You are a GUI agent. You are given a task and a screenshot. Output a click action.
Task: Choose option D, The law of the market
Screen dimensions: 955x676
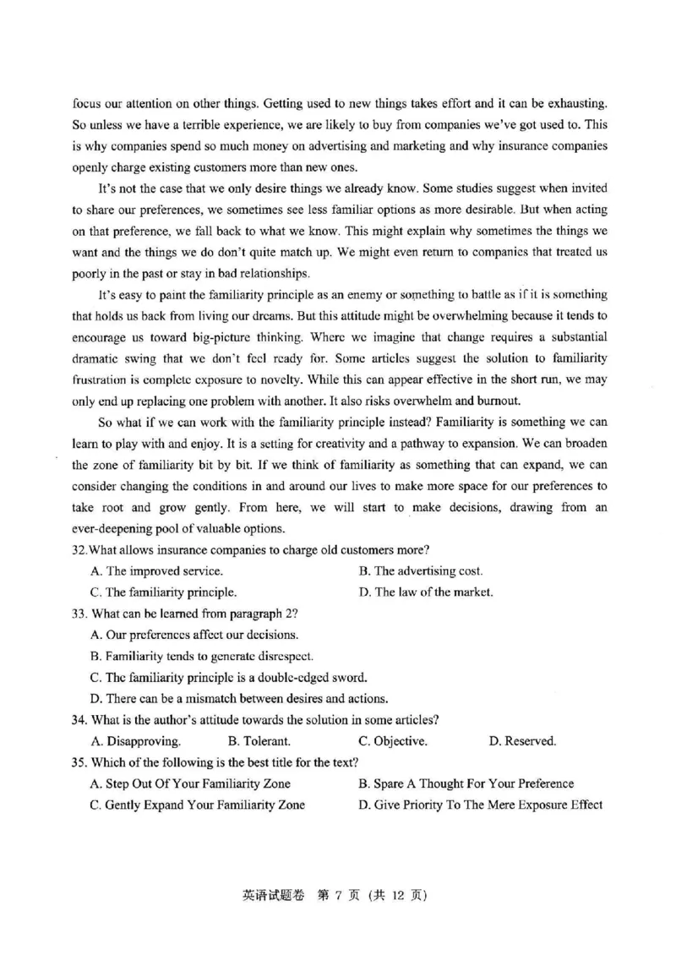[x=425, y=592]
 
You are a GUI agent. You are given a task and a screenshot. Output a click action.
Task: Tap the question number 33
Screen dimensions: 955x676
[x=79, y=613]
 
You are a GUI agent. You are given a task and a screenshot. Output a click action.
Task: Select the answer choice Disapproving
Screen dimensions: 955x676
[x=135, y=741]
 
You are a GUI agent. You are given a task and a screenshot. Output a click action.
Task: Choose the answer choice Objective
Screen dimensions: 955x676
[x=393, y=741]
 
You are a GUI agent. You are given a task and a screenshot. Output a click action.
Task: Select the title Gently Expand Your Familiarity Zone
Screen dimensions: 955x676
[x=198, y=805]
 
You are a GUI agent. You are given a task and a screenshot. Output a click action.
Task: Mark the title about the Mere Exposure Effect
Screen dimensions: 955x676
[x=480, y=805]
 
